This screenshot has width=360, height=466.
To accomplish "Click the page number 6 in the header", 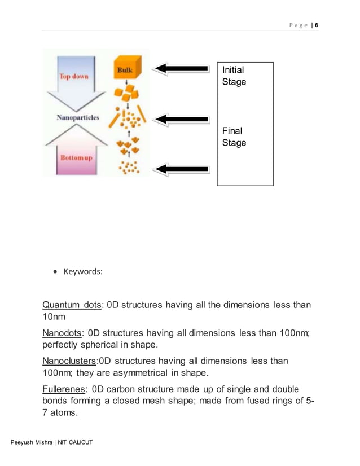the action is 317,25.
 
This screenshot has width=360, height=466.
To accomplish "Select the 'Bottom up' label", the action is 76,157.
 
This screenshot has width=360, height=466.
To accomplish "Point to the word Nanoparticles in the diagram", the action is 78,118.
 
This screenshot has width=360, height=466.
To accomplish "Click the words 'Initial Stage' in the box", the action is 234,76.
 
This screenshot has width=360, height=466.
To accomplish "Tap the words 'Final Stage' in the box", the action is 234,137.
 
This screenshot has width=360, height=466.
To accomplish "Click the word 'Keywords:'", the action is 82,271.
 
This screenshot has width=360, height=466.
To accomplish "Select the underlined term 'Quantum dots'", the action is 72,305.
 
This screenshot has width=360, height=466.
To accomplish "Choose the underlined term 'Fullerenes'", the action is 63,389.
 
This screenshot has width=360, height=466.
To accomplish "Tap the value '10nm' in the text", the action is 54,317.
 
